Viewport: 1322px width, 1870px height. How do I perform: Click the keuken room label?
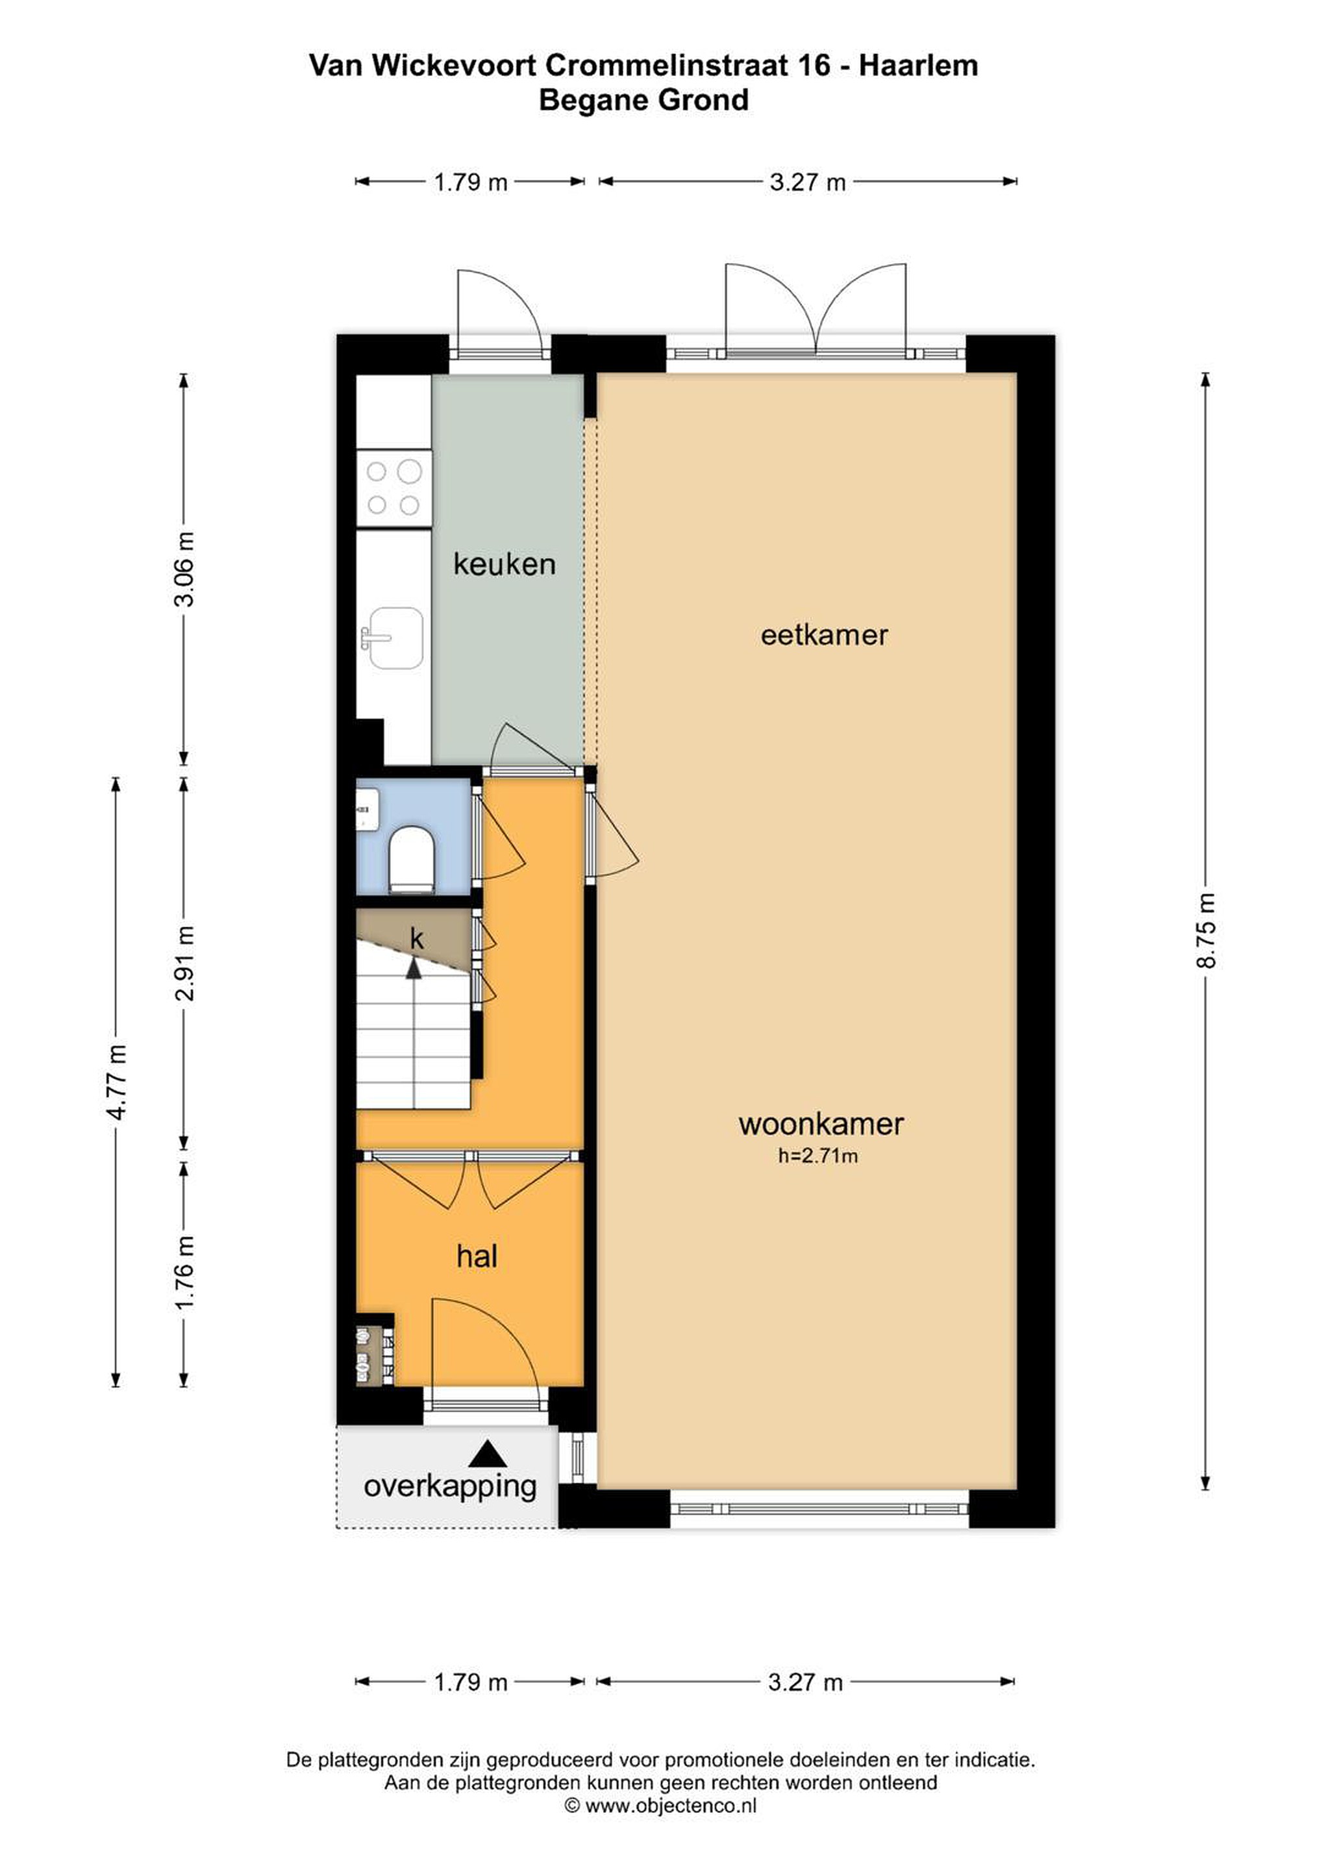[505, 564]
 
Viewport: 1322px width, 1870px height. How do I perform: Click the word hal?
[477, 1256]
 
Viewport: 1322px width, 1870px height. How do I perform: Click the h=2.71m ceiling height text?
[817, 1155]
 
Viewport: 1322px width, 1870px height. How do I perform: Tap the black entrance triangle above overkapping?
[487, 1453]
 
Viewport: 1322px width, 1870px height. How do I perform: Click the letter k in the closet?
[416, 939]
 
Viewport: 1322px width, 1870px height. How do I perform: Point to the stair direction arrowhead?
[414, 967]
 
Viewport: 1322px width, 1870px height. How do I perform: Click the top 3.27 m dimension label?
[807, 182]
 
